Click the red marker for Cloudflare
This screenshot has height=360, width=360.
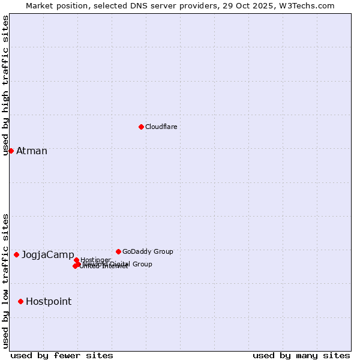coord(141,127)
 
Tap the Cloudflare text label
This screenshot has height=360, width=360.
coord(161,127)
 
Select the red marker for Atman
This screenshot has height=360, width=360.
coord(11,151)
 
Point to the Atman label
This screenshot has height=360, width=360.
coord(32,151)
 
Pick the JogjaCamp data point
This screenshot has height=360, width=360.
coord(16,254)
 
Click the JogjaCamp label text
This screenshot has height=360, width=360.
coord(48,255)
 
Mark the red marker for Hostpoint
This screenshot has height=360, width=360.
coord(20,301)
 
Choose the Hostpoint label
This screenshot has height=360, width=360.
coord(49,302)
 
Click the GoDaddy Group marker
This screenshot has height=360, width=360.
coord(118,251)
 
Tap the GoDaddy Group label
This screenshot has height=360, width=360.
coord(148,251)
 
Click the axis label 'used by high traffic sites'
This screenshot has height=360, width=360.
coord(5,85)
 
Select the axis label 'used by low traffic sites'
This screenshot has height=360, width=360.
coord(5,280)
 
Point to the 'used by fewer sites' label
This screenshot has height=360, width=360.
coord(62,355)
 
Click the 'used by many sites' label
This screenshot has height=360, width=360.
coord(301,355)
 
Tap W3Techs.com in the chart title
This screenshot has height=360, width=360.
coord(310,5)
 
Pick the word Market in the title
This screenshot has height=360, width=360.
coord(40,5)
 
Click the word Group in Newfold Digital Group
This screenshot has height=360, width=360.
coord(142,264)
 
